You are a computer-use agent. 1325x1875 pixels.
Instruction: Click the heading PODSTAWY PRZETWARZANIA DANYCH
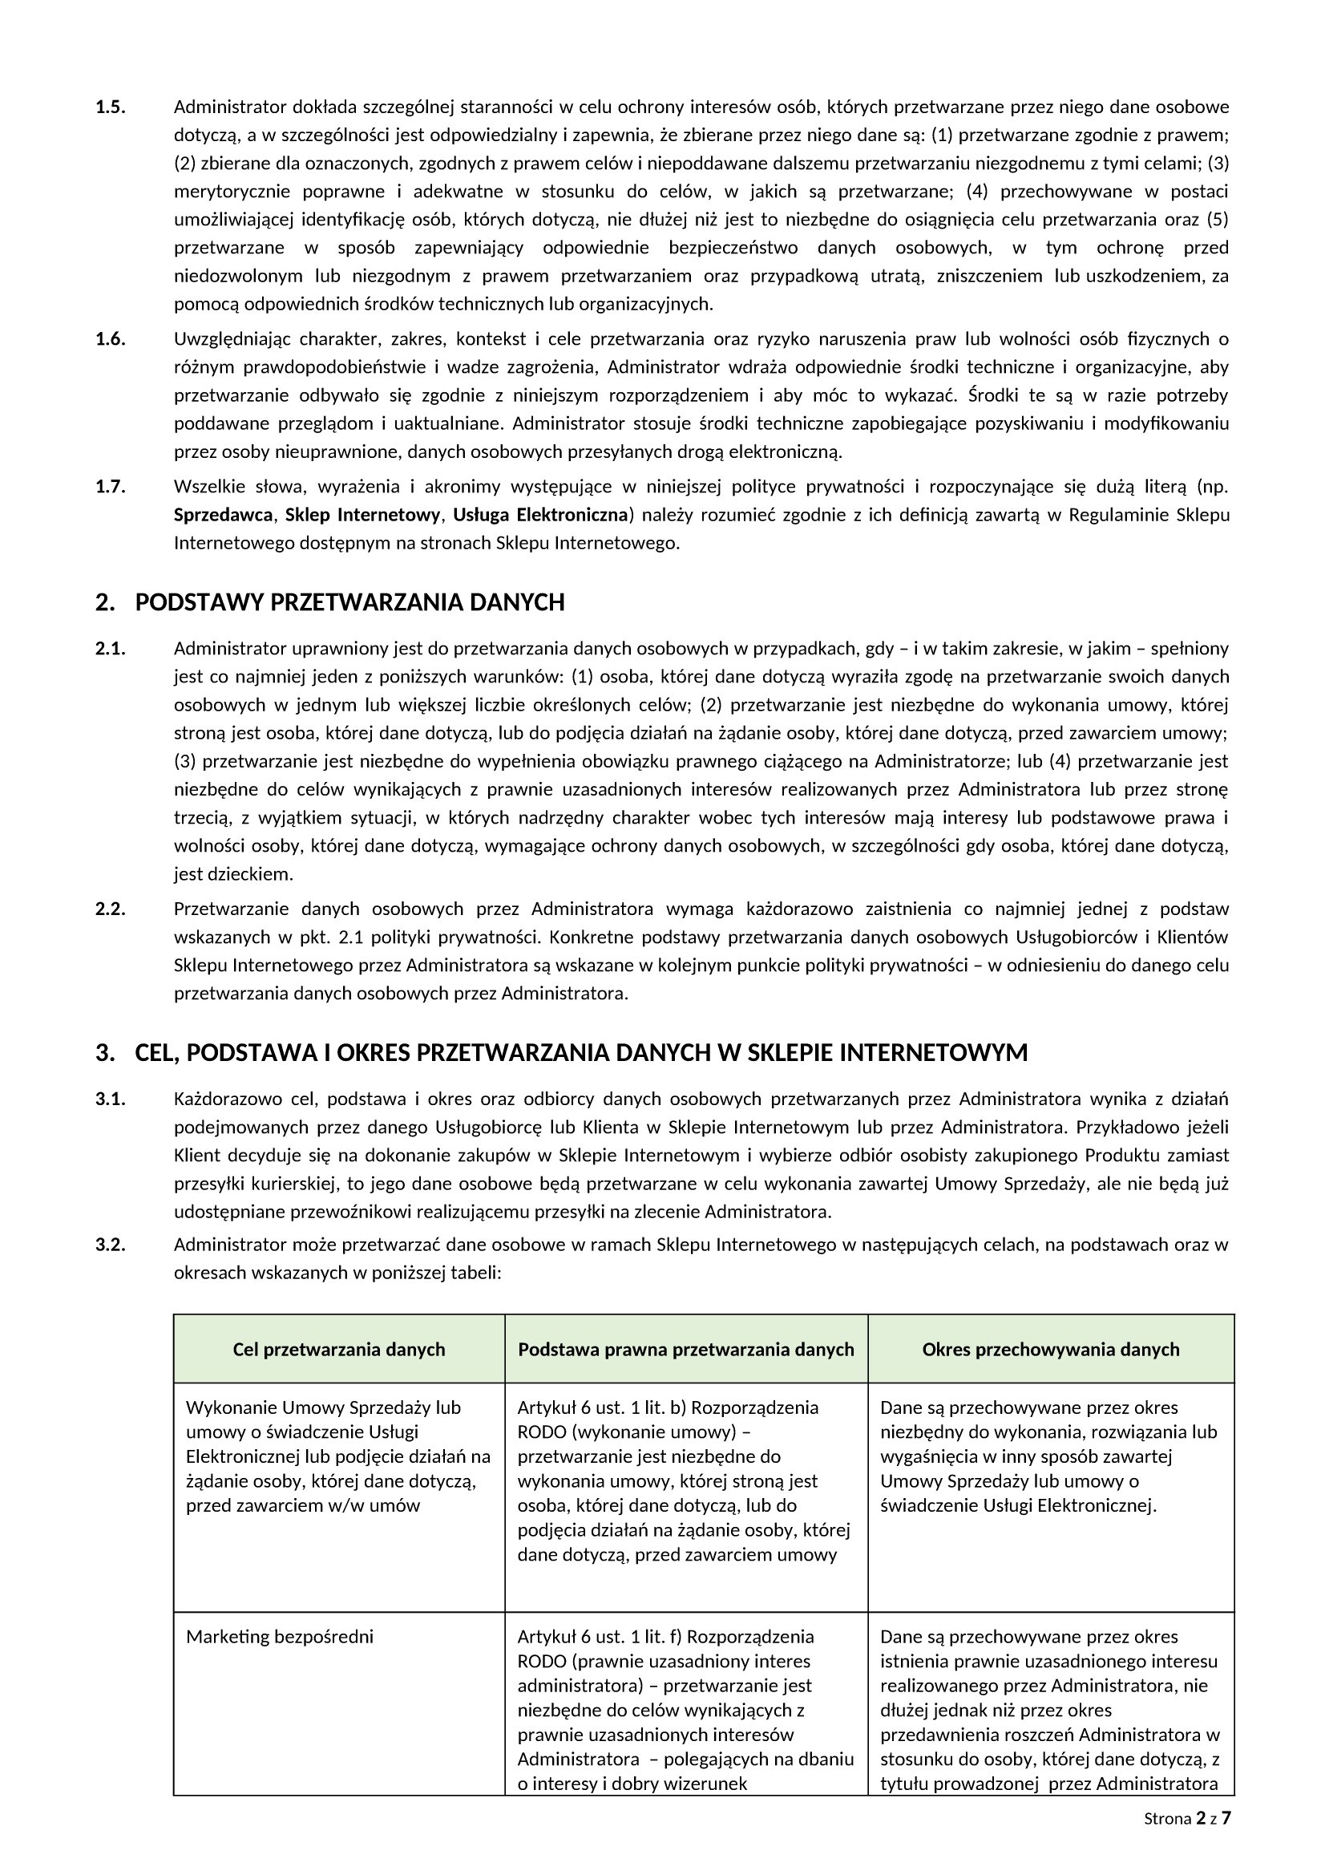coord(349,603)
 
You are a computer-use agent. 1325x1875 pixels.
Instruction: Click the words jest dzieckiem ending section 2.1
coord(232,875)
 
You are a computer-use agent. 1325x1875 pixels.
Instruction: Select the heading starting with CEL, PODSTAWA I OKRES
coord(580,1054)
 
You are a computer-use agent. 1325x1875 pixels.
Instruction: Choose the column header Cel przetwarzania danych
coord(339,1349)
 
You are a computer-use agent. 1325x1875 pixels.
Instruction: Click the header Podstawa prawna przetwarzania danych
coord(686,1349)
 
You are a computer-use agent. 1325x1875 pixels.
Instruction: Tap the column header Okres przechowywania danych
coord(1051,1349)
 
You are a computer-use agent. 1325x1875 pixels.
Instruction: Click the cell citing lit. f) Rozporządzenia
coord(685,1709)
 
